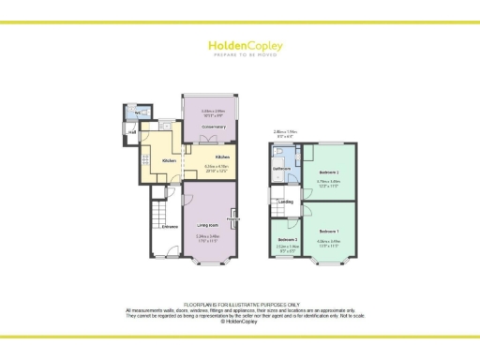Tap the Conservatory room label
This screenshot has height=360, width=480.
214,128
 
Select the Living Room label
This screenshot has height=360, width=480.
208,226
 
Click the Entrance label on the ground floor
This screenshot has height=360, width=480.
170,226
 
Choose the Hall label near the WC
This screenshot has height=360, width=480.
132,132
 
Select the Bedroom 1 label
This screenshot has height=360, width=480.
328,231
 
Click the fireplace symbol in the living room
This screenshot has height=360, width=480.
232,220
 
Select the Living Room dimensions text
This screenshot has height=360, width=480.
208,236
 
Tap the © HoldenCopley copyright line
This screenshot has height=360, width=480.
240,321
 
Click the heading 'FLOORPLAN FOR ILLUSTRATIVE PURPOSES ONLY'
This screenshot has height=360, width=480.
240,305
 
